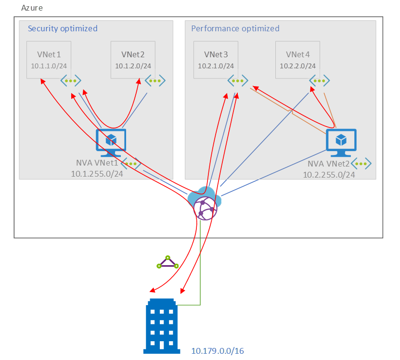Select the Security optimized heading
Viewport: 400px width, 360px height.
point(63,28)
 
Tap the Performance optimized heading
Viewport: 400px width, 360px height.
point(235,28)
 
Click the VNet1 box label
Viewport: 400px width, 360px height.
point(49,54)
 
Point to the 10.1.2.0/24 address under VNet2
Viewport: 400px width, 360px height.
point(133,66)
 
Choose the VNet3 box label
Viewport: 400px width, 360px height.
point(216,54)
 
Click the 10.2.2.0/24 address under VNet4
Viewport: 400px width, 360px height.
point(298,66)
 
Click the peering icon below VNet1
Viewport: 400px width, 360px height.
point(70,80)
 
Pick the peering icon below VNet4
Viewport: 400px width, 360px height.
point(320,80)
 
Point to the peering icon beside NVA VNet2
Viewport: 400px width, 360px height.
point(361,163)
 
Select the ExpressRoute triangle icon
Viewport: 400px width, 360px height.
point(168,263)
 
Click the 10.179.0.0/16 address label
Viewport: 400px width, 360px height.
point(218,351)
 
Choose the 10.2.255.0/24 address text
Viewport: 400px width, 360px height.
point(329,174)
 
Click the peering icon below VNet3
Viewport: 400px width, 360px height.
point(238,80)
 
